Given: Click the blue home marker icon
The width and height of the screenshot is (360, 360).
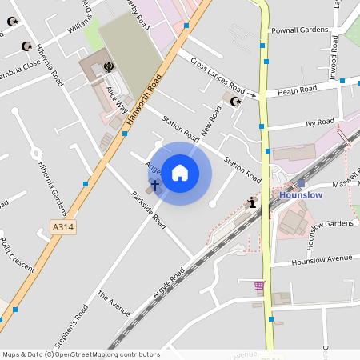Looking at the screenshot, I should (180, 173).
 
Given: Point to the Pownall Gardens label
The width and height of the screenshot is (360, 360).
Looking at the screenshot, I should (300, 30).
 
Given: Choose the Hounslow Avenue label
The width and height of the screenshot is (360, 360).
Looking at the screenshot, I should (322, 260).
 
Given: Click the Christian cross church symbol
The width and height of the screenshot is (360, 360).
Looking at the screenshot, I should (154, 184).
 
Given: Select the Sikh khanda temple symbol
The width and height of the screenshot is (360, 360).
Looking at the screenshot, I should (110, 67).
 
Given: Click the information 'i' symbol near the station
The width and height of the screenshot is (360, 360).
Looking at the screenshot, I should (253, 202).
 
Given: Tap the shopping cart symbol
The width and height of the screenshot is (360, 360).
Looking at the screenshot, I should (258, 286).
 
